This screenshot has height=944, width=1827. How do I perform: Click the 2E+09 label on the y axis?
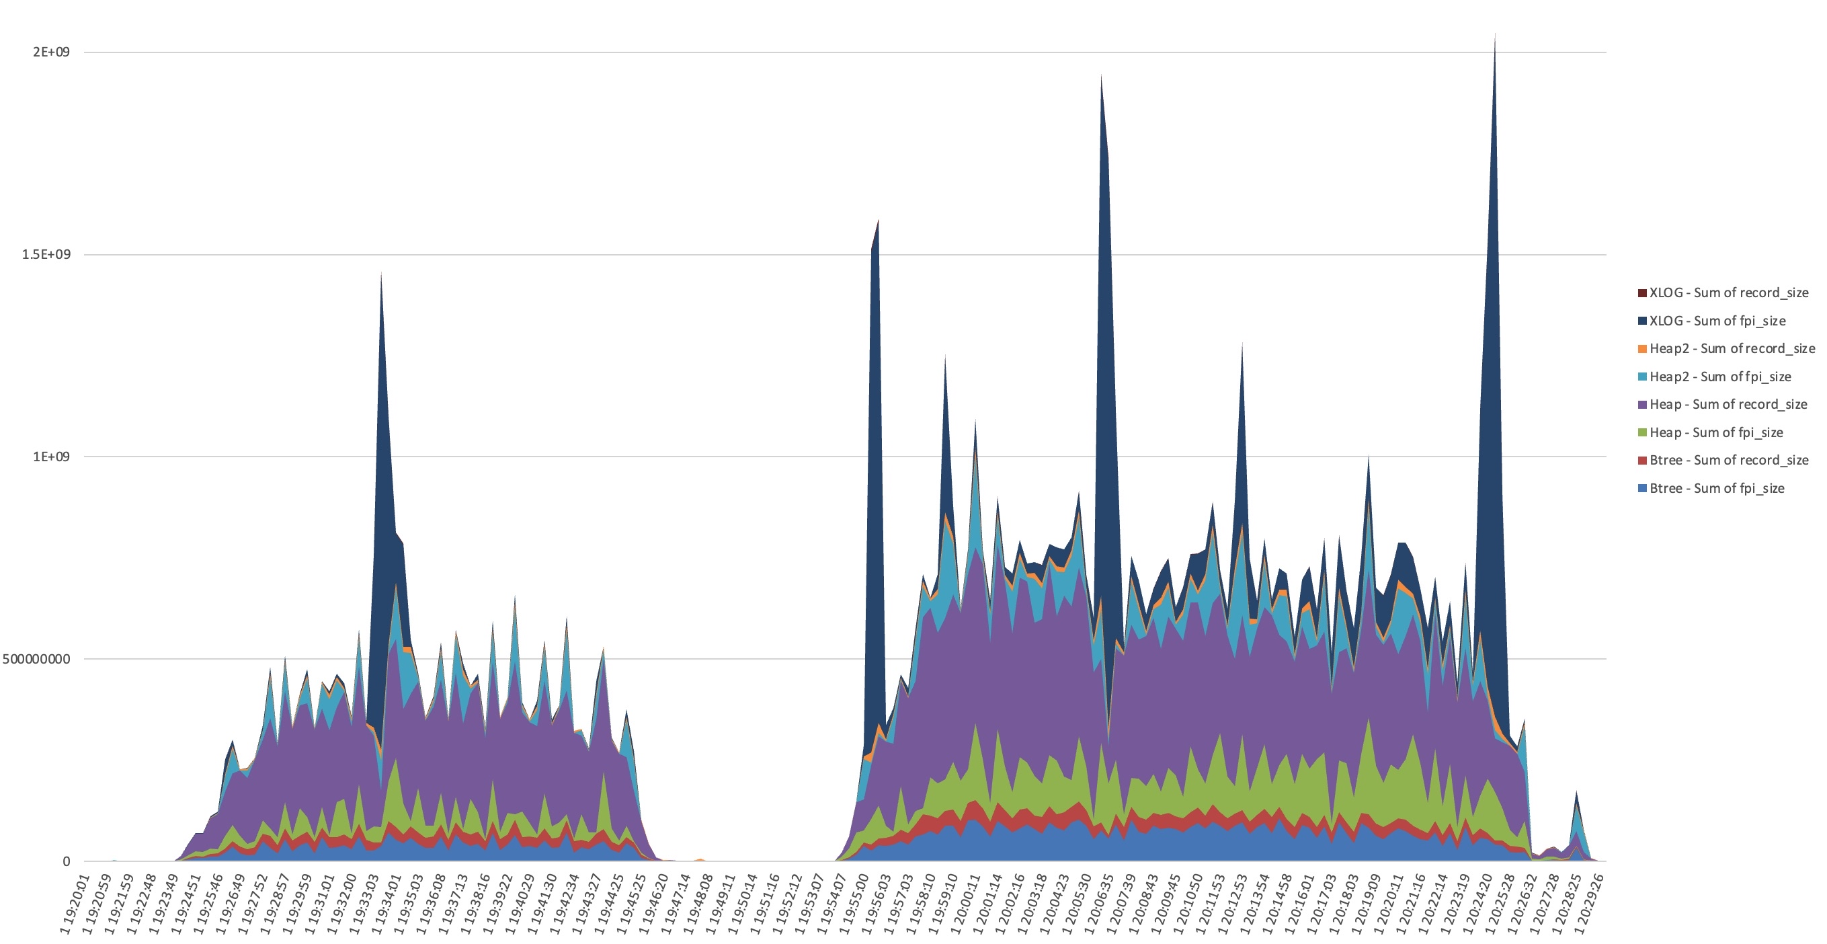pyautogui.click(x=51, y=52)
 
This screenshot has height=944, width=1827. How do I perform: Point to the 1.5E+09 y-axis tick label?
pyautogui.click(x=47, y=255)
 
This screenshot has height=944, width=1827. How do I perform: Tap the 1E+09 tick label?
pyautogui.click(x=51, y=457)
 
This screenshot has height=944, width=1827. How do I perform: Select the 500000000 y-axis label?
pyautogui.click(x=36, y=659)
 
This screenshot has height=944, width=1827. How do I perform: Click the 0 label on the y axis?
pyautogui.click(x=66, y=861)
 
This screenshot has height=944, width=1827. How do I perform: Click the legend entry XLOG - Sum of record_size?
pyautogui.click(x=1728, y=293)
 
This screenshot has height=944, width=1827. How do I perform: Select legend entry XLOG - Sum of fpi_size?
pyautogui.click(x=1717, y=321)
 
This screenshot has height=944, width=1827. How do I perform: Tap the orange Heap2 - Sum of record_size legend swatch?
pyautogui.click(x=1642, y=349)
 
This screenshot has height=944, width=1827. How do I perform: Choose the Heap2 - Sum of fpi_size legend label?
pyautogui.click(x=1720, y=377)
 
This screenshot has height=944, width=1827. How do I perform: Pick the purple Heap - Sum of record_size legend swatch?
pyautogui.click(x=1642, y=404)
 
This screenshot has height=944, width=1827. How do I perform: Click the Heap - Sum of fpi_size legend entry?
pyautogui.click(x=1715, y=432)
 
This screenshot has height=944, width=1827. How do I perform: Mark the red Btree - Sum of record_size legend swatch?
pyautogui.click(x=1642, y=461)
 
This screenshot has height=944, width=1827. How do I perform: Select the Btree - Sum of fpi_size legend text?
pyautogui.click(x=1716, y=488)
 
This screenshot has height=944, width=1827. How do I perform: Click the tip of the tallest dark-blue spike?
pyautogui.click(x=1495, y=34)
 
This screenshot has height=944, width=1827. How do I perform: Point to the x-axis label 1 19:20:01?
pyautogui.click(x=75, y=904)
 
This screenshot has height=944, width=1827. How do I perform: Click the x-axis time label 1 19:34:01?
pyautogui.click(x=387, y=904)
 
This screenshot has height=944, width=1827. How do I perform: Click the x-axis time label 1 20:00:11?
pyautogui.click(x=966, y=904)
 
